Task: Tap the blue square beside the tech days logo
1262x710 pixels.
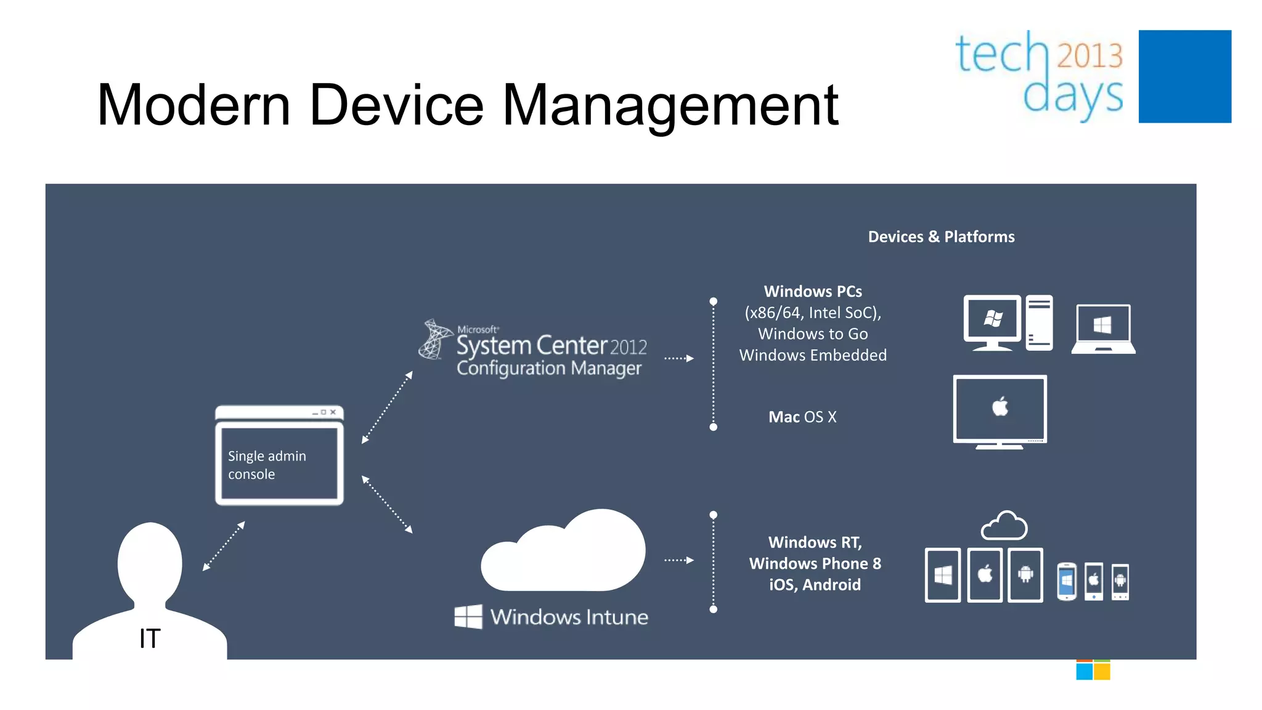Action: click(x=1184, y=76)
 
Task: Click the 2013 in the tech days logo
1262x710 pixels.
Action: click(x=1089, y=55)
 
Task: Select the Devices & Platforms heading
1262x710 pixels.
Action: click(x=941, y=237)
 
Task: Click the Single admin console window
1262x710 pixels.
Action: click(x=279, y=457)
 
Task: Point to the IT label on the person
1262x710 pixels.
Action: click(x=150, y=639)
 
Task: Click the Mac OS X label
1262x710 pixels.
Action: click(x=802, y=417)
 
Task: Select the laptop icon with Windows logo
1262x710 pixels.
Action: click(x=1103, y=328)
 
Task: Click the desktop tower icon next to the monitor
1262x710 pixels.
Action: click(x=1039, y=322)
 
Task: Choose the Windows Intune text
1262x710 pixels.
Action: click(x=569, y=617)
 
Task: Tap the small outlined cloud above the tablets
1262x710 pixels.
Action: click(x=1004, y=526)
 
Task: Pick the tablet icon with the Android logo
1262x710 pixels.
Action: click(x=1025, y=575)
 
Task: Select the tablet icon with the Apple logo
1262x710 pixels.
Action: click(x=985, y=575)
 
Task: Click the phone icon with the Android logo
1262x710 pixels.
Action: click(x=1120, y=581)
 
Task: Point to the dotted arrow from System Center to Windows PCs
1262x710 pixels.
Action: click(x=678, y=358)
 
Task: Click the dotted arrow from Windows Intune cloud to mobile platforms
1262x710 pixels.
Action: click(x=678, y=560)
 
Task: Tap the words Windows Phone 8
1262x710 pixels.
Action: click(x=815, y=563)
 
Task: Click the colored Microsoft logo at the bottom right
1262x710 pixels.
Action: click(x=1093, y=670)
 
